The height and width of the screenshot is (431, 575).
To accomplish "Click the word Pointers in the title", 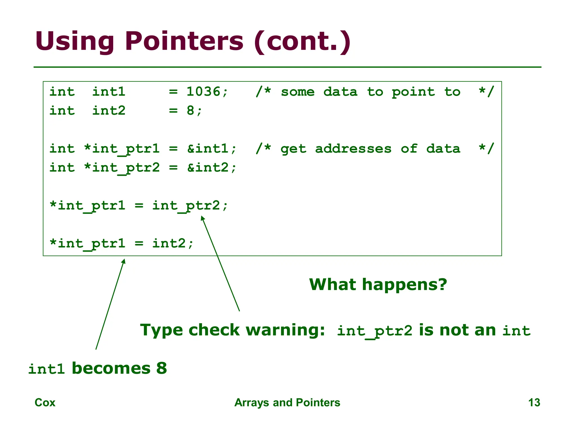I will (x=184, y=41).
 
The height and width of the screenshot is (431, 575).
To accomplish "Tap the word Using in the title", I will (x=75, y=41).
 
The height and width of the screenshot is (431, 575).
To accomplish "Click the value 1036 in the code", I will (x=204, y=92).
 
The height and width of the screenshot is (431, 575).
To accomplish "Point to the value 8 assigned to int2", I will (x=191, y=111).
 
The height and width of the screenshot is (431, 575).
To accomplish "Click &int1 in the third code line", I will (x=208, y=148).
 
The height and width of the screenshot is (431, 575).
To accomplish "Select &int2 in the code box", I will (x=208, y=168).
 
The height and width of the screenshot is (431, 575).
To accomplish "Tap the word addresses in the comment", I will (x=353, y=148).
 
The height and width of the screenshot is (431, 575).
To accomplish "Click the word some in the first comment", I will (x=298, y=92).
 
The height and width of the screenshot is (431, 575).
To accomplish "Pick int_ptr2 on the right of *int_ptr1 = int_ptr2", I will (x=186, y=206).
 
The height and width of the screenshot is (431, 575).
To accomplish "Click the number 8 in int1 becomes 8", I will (x=162, y=368).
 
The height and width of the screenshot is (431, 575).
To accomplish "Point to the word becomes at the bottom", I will (x=111, y=368).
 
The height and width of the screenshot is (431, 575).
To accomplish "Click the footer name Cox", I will (x=45, y=403).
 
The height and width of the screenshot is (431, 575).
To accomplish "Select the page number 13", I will (x=534, y=403).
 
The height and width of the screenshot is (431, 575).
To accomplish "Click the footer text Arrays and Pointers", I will (x=287, y=403).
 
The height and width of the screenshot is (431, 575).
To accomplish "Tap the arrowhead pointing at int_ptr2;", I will (x=202, y=218).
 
